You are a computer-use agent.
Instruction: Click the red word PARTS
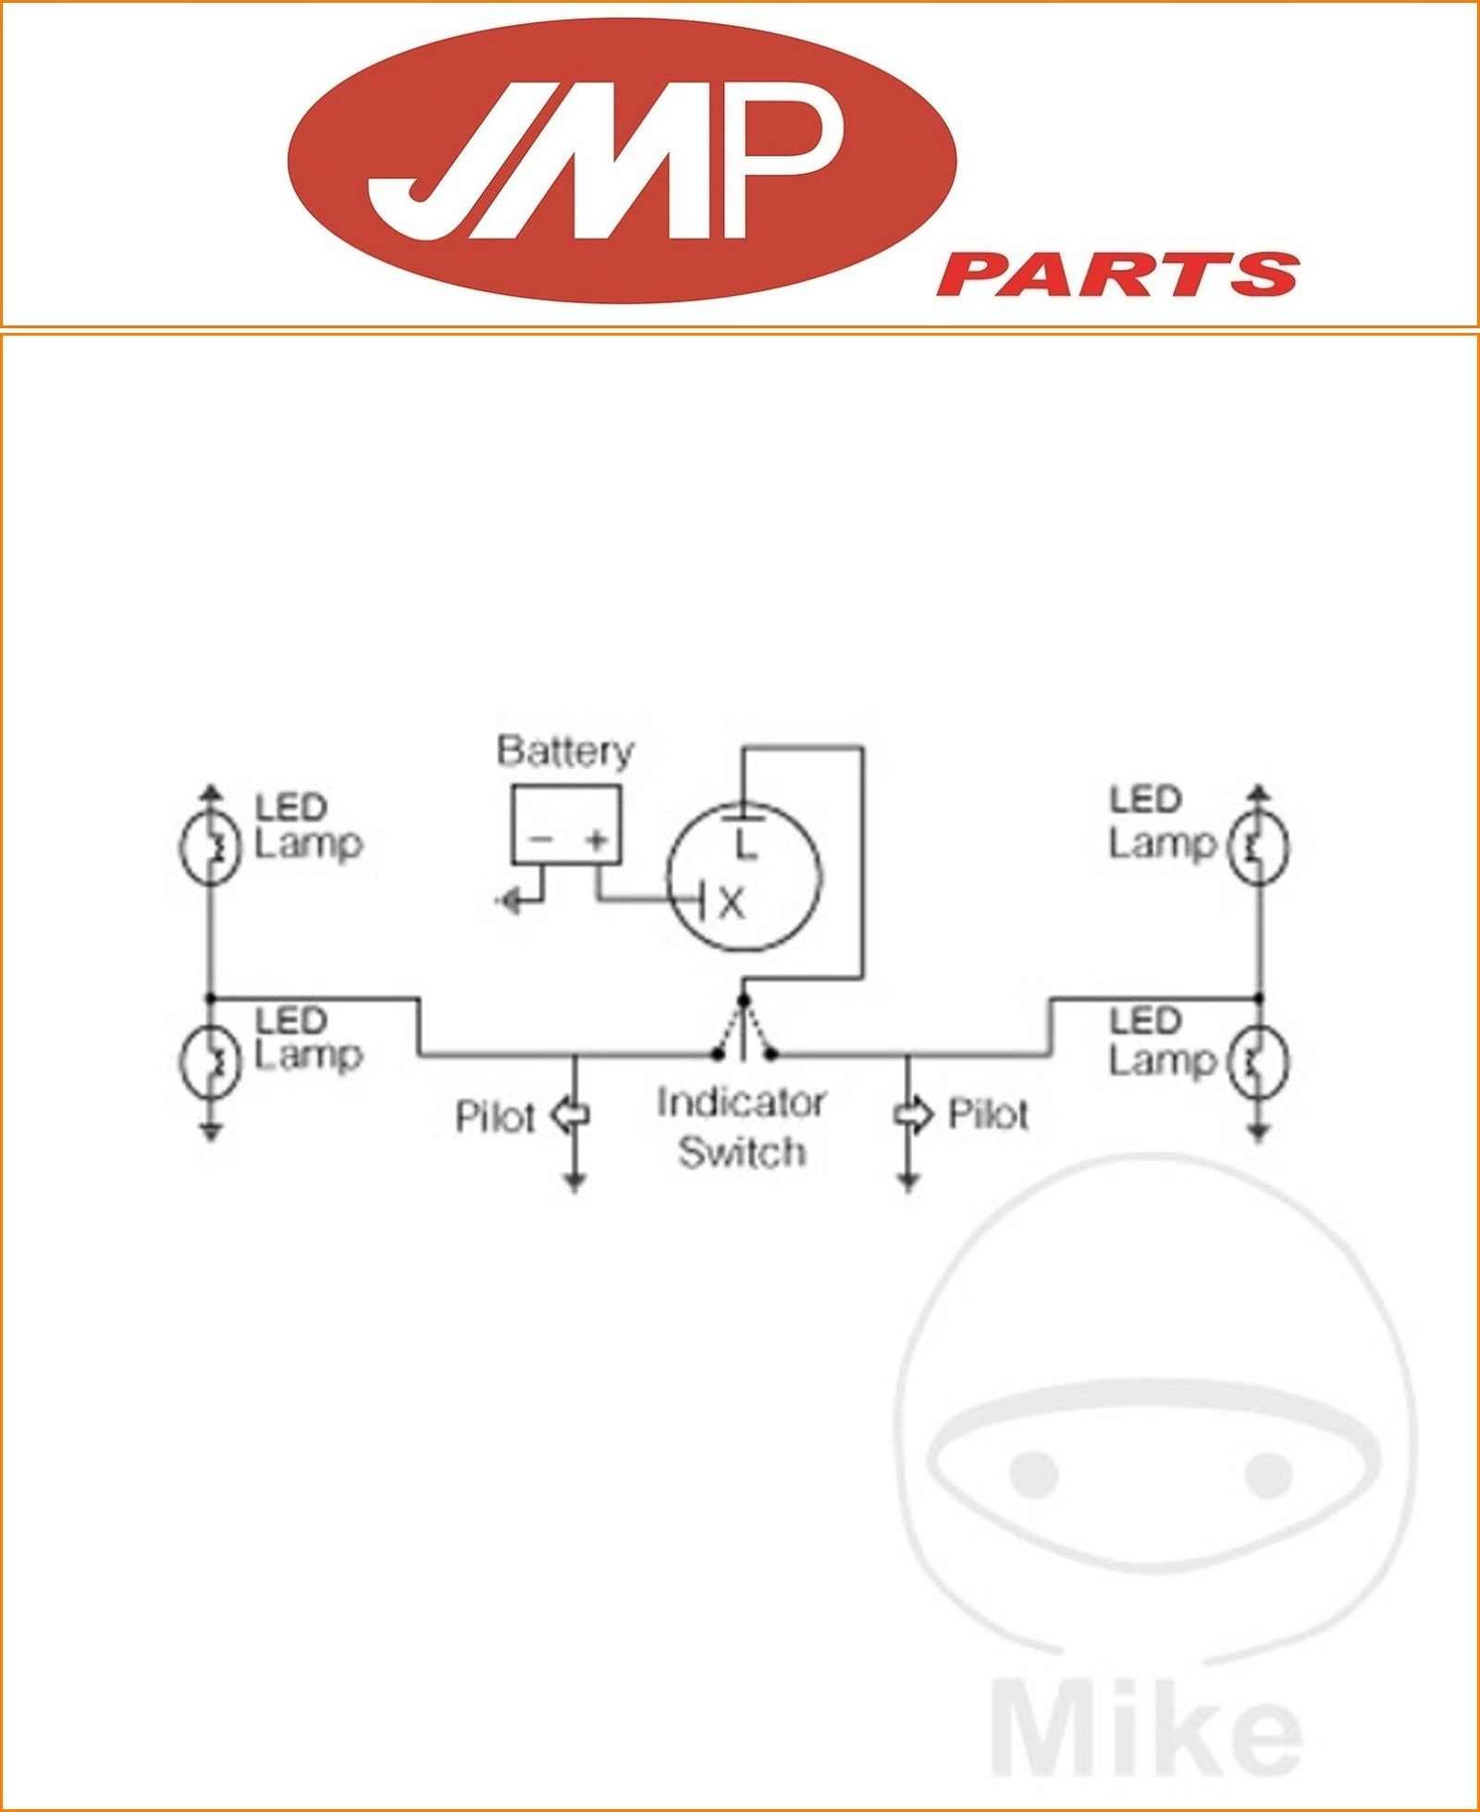point(1117,275)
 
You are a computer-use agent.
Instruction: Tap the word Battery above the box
point(565,751)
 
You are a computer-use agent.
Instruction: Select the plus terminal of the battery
point(598,840)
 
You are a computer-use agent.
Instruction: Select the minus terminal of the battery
point(541,840)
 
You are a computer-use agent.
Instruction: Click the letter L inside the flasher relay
point(746,844)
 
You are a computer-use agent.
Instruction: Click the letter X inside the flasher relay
point(731,903)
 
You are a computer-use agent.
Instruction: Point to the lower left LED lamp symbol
point(210,1061)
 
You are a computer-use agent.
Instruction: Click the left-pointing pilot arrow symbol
point(571,1115)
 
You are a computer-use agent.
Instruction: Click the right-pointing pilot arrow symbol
point(912,1115)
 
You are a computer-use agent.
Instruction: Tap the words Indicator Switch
point(741,1127)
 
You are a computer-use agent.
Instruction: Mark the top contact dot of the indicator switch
point(743,999)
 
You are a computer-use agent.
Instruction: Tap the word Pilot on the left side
point(495,1118)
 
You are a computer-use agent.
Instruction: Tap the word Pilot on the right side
point(988,1115)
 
